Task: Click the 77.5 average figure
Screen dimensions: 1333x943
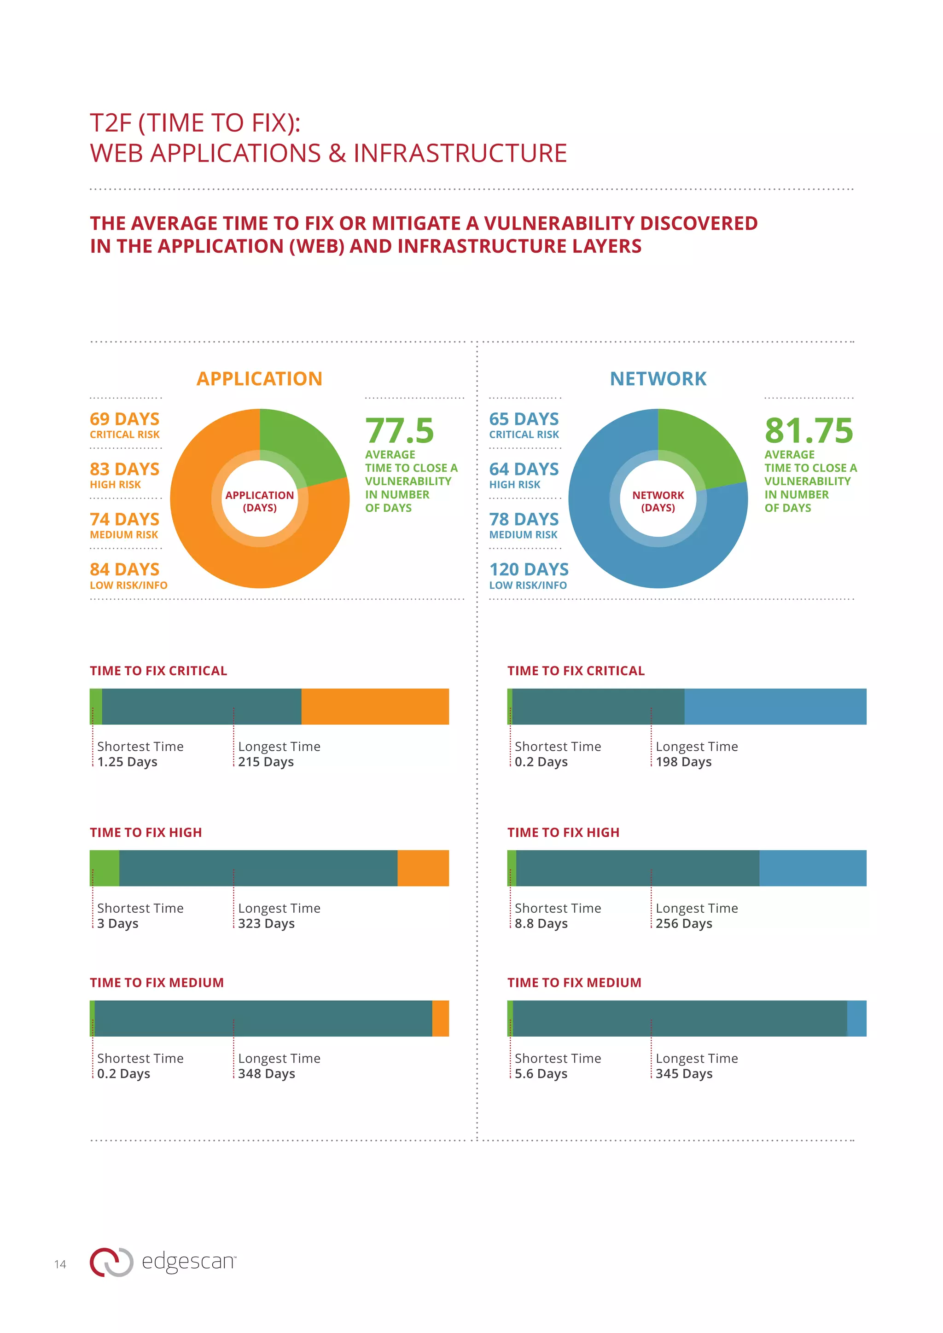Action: coord(400,431)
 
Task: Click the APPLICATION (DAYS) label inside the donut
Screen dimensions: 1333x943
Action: coord(260,501)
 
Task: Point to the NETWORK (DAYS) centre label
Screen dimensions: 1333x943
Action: coord(658,501)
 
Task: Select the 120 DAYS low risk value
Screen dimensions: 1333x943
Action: coord(529,569)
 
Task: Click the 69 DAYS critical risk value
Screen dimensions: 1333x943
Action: coord(124,419)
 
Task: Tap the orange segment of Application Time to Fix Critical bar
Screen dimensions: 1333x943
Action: coord(374,706)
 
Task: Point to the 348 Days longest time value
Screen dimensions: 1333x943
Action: coord(267,1073)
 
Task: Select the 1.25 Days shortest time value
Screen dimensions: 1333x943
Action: coord(127,762)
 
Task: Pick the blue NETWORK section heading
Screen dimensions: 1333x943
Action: coord(658,378)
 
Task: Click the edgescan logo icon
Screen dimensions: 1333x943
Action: coord(111,1262)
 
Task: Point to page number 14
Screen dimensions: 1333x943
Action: coord(60,1264)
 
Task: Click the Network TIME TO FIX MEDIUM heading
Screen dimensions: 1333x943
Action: coord(574,982)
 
